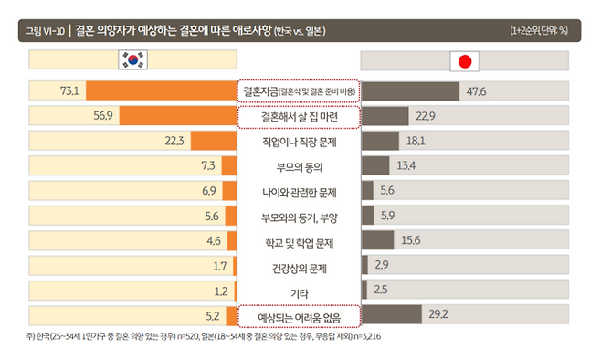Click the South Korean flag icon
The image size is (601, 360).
coord(133,61)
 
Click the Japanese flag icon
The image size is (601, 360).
coord(466,61)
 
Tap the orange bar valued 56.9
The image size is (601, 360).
coord(178,116)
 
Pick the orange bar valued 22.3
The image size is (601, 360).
coord(215,141)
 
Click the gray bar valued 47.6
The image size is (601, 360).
coord(410,91)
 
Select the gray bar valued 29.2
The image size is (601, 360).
coord(392,314)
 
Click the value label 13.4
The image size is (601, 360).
coord(407,165)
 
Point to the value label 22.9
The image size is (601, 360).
coord(425,116)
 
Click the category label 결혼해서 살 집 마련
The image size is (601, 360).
coord(299,117)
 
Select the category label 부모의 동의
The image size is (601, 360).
coord(299,166)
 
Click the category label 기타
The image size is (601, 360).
coord(299,291)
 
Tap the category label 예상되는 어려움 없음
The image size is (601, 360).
coord(299,316)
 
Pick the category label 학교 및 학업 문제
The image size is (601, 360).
coord(299,242)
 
